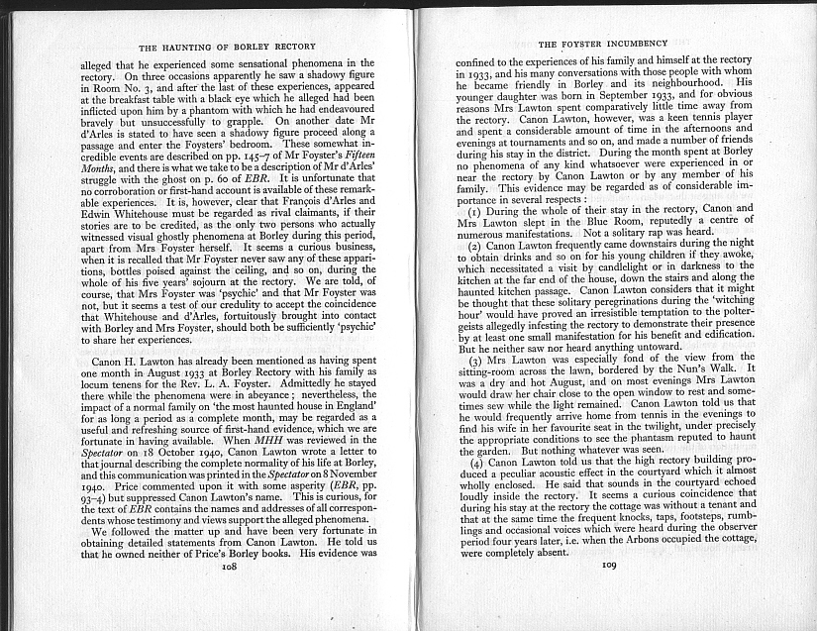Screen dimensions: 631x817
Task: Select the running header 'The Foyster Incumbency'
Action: [602, 44]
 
